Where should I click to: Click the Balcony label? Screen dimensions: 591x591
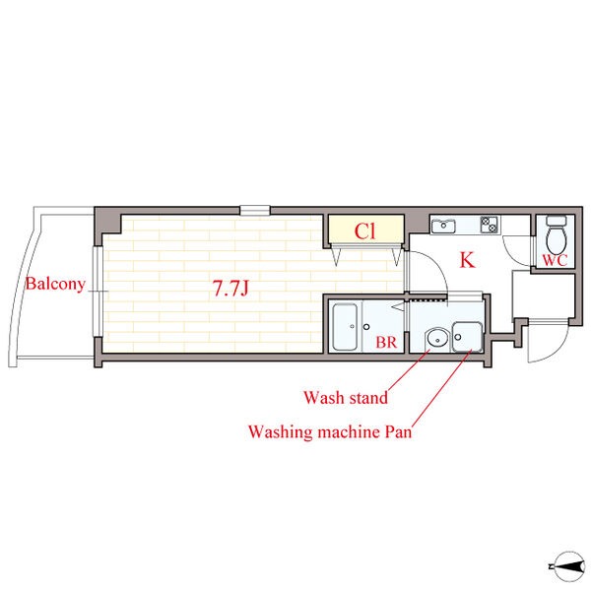click(55, 285)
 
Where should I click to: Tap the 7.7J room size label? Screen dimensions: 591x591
click(230, 289)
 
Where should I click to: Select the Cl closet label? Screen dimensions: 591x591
click(364, 231)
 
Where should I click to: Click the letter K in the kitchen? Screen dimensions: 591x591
click(467, 260)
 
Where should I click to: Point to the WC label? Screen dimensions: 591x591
click(555, 260)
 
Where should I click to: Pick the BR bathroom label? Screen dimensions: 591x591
click(386, 342)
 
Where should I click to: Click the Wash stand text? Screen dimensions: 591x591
click(346, 398)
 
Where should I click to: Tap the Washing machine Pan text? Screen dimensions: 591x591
click(330, 431)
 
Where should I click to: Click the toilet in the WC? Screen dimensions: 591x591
click(557, 235)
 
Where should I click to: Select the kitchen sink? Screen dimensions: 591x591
click(443, 226)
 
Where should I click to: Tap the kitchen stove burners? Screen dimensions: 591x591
click(490, 225)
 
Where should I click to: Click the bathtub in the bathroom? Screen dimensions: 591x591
click(345, 327)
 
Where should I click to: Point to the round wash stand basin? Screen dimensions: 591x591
click(437, 339)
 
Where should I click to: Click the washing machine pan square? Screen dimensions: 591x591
click(467, 337)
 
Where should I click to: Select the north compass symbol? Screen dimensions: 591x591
click(567, 566)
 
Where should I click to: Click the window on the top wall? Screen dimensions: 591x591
click(255, 211)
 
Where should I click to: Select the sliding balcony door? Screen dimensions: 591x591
click(98, 292)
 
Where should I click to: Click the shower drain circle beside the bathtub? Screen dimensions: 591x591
click(366, 327)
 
